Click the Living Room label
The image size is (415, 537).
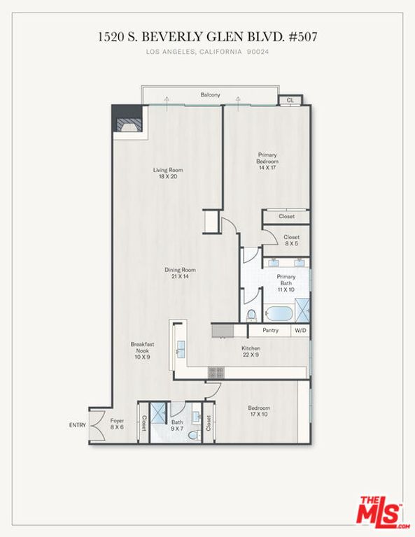click(x=168, y=173)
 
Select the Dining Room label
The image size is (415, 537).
click(x=180, y=273)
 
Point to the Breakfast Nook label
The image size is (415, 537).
click(x=142, y=350)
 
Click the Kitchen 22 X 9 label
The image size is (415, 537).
click(x=251, y=352)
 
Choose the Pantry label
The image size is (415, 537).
click(x=271, y=330)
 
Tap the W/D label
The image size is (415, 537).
click(x=300, y=330)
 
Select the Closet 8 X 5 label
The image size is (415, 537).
click(x=291, y=241)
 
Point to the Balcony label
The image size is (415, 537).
click(x=210, y=95)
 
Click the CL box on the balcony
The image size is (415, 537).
click(x=290, y=101)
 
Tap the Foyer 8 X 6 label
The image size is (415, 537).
click(x=117, y=424)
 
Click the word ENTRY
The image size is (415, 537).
click(x=77, y=424)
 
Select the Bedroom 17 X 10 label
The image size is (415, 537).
click(x=258, y=411)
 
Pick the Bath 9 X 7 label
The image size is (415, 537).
click(x=177, y=425)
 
